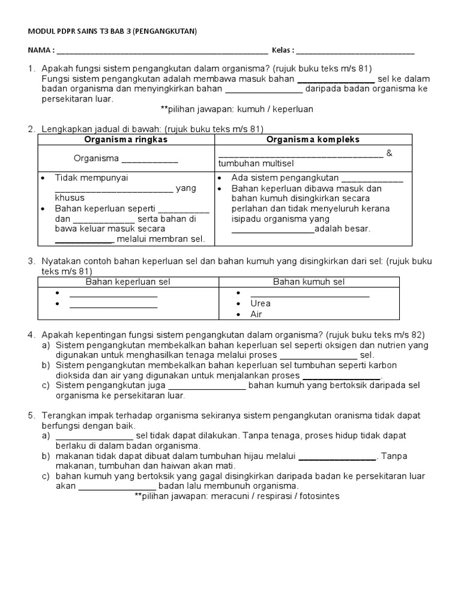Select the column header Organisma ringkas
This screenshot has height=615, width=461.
(x=126, y=139)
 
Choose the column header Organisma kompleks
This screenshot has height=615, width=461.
(x=313, y=139)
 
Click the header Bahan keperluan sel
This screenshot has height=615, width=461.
(x=128, y=281)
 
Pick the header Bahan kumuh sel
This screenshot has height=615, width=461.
(x=309, y=281)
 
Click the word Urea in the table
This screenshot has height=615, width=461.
(x=261, y=303)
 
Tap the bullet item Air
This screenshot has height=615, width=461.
(x=256, y=314)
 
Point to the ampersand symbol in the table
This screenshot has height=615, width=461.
(x=390, y=153)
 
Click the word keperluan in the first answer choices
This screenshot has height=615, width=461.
(x=291, y=109)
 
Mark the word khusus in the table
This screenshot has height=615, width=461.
(x=70, y=198)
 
